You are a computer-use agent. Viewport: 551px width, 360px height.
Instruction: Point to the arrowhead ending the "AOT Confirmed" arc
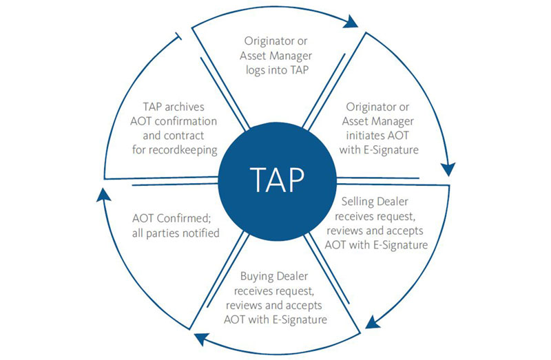(x=102, y=197)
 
